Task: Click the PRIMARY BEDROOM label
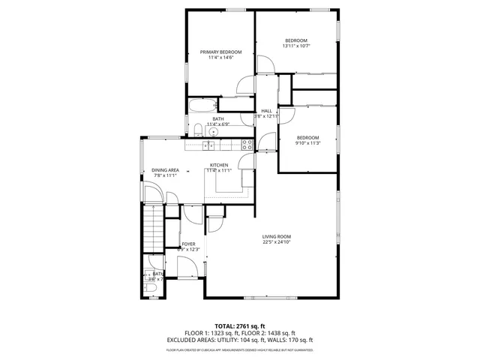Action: (x=220, y=52)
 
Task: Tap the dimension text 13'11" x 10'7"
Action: (x=296, y=46)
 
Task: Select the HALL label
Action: (x=265, y=110)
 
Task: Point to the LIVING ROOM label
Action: (x=276, y=235)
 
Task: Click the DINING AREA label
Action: (x=165, y=170)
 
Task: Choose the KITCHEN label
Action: (x=219, y=165)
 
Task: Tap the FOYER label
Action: (x=188, y=244)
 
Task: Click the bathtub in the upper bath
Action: (x=202, y=105)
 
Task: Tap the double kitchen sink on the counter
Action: (x=210, y=143)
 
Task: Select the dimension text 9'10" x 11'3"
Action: (x=307, y=143)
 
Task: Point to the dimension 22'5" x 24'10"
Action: (x=276, y=242)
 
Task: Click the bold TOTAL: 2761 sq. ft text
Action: (x=239, y=326)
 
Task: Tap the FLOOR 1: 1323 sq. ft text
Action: (x=211, y=333)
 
